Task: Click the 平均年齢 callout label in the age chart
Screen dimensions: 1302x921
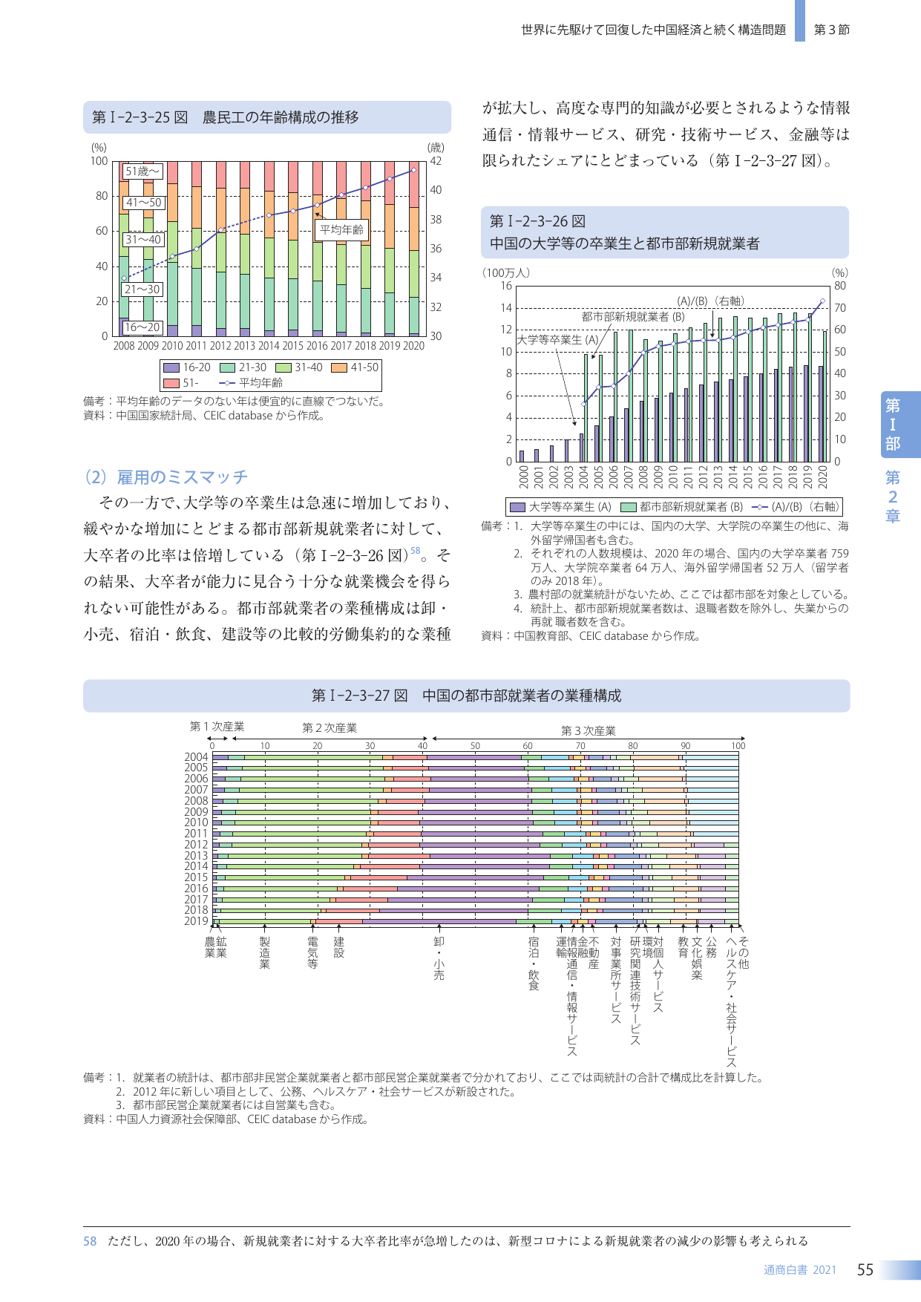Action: coord(341,229)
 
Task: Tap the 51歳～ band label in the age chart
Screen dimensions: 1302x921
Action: coord(142,171)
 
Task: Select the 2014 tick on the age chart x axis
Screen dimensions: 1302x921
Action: coord(269,346)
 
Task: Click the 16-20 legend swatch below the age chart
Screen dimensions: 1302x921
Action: coord(171,367)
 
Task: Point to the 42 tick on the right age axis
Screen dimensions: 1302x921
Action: coord(436,161)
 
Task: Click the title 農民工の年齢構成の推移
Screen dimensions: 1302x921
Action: coord(281,117)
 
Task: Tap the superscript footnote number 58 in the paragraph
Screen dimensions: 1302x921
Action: coord(416,551)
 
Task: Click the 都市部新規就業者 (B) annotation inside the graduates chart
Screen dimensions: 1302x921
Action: coord(632,316)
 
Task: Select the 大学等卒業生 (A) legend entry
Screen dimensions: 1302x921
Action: coord(560,507)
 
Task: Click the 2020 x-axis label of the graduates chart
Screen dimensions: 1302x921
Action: coord(822,477)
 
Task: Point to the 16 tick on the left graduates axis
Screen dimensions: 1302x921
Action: coord(506,286)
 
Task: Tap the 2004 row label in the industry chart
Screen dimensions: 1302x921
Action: coord(197,757)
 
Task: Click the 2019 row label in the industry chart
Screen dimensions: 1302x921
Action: coord(197,921)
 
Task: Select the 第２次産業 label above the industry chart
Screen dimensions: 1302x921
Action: coord(330,728)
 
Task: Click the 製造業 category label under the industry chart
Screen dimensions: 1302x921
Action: coord(265,952)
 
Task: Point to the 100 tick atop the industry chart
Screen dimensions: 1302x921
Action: coord(738,746)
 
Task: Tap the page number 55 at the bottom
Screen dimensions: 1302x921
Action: coord(865,1270)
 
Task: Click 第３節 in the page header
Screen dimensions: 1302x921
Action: coord(831,30)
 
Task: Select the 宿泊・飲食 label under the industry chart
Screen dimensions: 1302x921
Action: coord(534,964)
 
